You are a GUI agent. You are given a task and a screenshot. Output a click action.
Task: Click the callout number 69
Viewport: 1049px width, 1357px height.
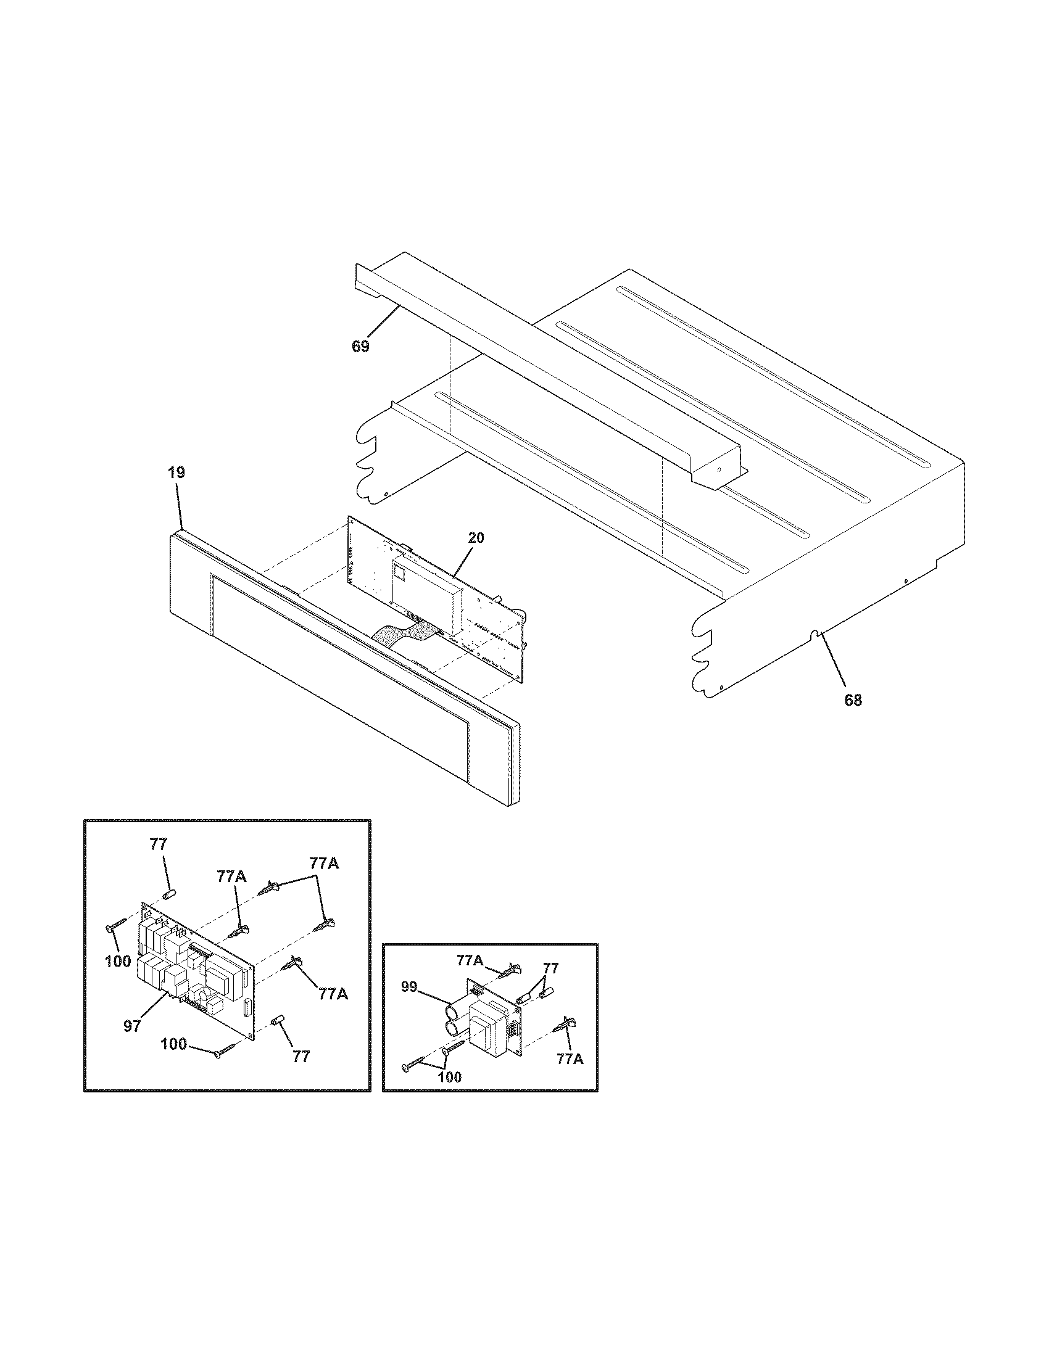click(x=360, y=347)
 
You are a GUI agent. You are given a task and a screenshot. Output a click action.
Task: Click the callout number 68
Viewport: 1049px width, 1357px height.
click(x=853, y=700)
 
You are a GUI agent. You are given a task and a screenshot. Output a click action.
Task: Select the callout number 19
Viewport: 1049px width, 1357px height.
click(x=176, y=472)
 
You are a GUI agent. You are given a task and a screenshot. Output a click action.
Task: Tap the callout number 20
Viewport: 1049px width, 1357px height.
click(x=475, y=538)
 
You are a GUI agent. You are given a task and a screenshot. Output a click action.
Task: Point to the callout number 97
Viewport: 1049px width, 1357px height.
click(x=132, y=1026)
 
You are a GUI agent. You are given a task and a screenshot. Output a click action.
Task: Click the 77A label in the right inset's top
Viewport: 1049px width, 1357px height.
click(x=470, y=960)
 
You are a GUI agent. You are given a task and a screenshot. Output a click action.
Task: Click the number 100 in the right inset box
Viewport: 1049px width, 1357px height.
click(x=449, y=1077)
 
